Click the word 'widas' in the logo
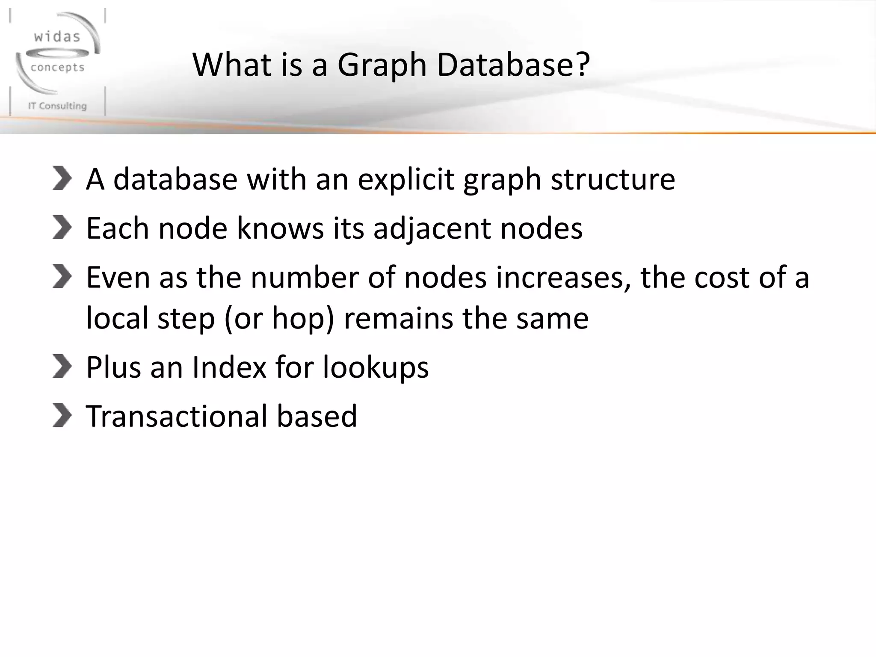click(57, 37)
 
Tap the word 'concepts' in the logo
click(58, 68)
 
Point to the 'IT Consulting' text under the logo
click(57, 106)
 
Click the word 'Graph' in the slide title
click(382, 65)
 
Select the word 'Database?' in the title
click(513, 65)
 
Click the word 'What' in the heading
click(232, 65)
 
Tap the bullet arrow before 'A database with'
click(62, 178)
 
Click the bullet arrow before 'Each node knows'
click(62, 227)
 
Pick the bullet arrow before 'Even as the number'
click(62, 276)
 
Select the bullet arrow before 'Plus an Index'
click(62, 367)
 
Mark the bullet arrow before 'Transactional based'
click(62, 415)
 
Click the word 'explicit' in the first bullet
click(405, 180)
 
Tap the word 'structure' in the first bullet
click(613, 180)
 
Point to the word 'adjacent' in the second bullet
click(432, 229)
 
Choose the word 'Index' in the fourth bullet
click(229, 367)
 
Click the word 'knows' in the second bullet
click(280, 228)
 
